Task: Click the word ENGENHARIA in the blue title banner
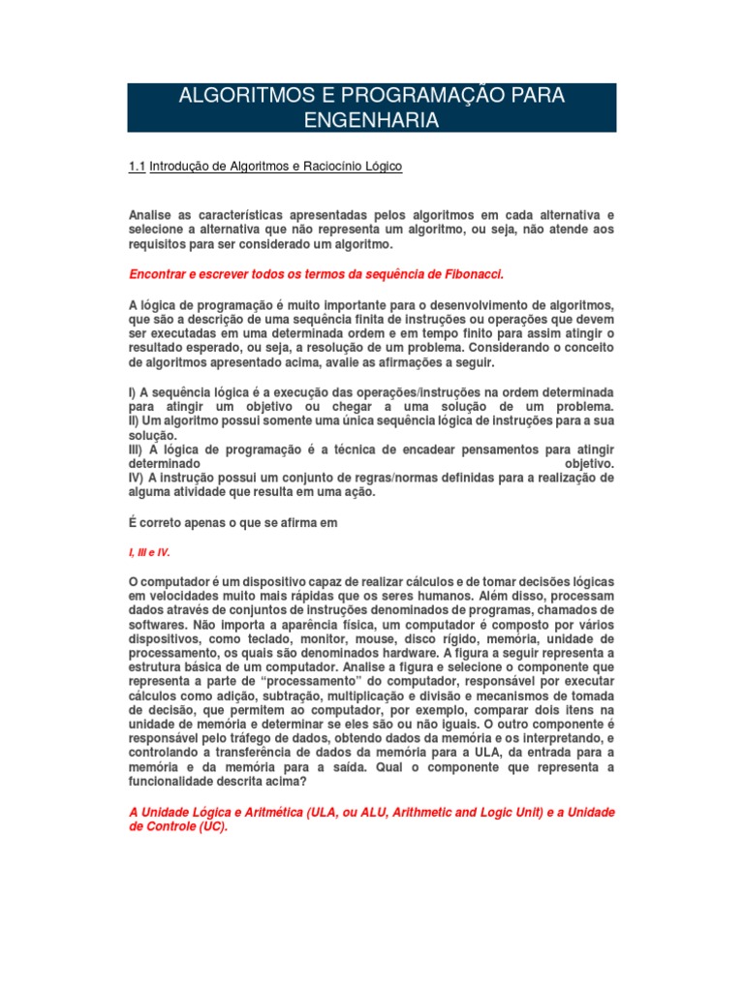click(x=372, y=120)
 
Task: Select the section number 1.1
click(x=137, y=167)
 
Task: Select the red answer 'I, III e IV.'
click(x=149, y=551)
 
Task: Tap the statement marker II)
click(x=137, y=422)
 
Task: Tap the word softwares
click(x=158, y=625)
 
